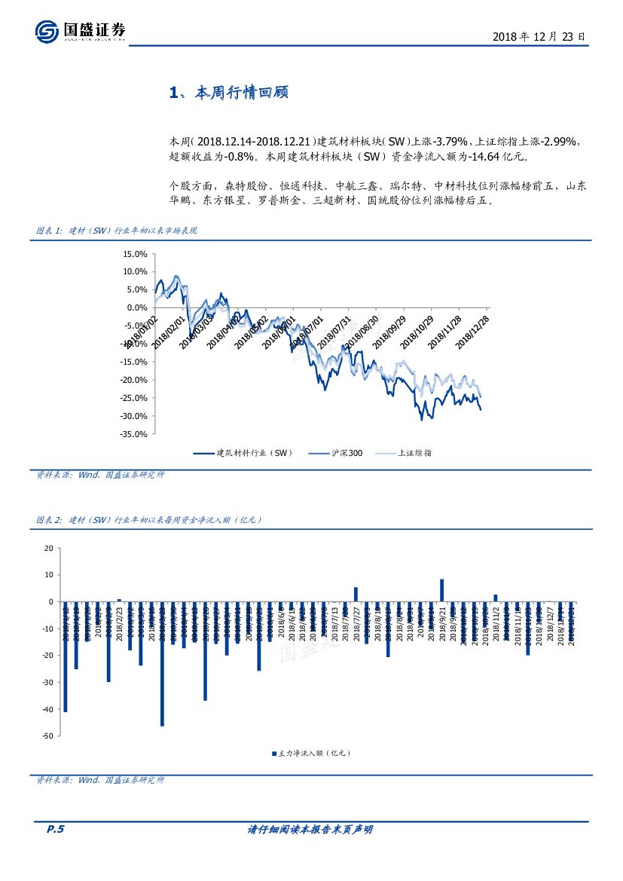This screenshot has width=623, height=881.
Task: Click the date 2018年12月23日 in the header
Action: tap(538, 36)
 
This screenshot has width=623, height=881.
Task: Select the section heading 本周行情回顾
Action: tap(230, 93)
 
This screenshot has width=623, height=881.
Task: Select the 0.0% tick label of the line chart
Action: tap(136, 307)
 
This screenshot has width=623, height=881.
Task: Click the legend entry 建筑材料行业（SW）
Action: tap(244, 453)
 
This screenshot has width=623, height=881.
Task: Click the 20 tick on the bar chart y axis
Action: tap(48, 548)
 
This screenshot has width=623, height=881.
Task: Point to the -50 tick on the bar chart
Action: tap(47, 736)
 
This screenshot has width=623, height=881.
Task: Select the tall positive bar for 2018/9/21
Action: tap(441, 590)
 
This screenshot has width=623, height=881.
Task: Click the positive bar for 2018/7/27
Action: tap(356, 594)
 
